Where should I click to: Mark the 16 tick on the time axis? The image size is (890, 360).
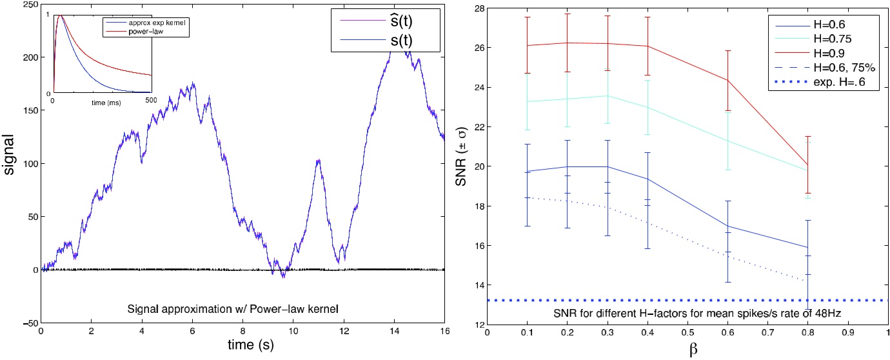click(x=444, y=331)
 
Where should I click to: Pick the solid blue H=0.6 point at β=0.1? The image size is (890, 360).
click(x=528, y=171)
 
